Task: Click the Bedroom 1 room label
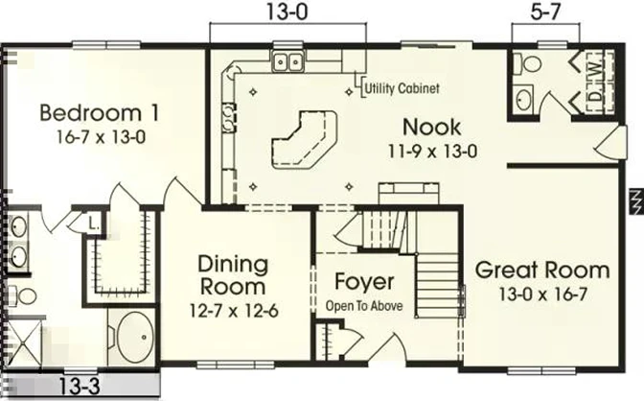(100, 113)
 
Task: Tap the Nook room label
(431, 127)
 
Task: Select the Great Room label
(542, 271)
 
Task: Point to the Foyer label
(364, 282)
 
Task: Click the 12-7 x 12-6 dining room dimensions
(234, 311)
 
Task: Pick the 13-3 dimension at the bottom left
(80, 387)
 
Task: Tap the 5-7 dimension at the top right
(545, 12)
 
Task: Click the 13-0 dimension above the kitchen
(287, 12)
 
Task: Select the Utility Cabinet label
(402, 88)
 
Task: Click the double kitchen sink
(287, 62)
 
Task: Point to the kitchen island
(304, 139)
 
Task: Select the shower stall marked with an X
(25, 343)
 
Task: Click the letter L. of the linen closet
(94, 224)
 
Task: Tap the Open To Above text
(364, 306)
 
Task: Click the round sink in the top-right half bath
(523, 101)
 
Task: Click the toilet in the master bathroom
(23, 295)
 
